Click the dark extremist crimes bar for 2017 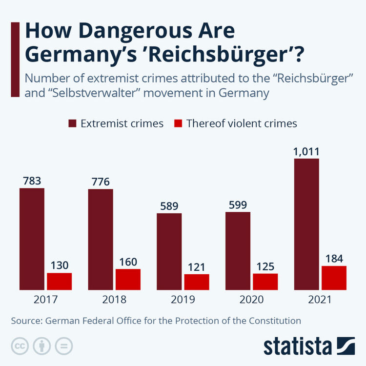(x=32, y=239)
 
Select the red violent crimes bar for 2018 (x=128, y=279)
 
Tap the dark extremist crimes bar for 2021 (x=306, y=224)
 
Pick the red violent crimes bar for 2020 (x=265, y=281)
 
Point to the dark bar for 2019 (x=169, y=251)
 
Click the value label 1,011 (x=306, y=151)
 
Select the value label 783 (x=32, y=181)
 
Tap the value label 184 (x=334, y=259)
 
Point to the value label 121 (x=196, y=267)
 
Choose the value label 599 (x=238, y=205)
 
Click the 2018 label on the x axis (x=114, y=299)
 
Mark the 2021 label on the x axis (x=320, y=299)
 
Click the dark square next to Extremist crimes (x=72, y=123)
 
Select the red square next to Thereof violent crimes (x=178, y=123)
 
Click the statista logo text (x=298, y=346)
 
